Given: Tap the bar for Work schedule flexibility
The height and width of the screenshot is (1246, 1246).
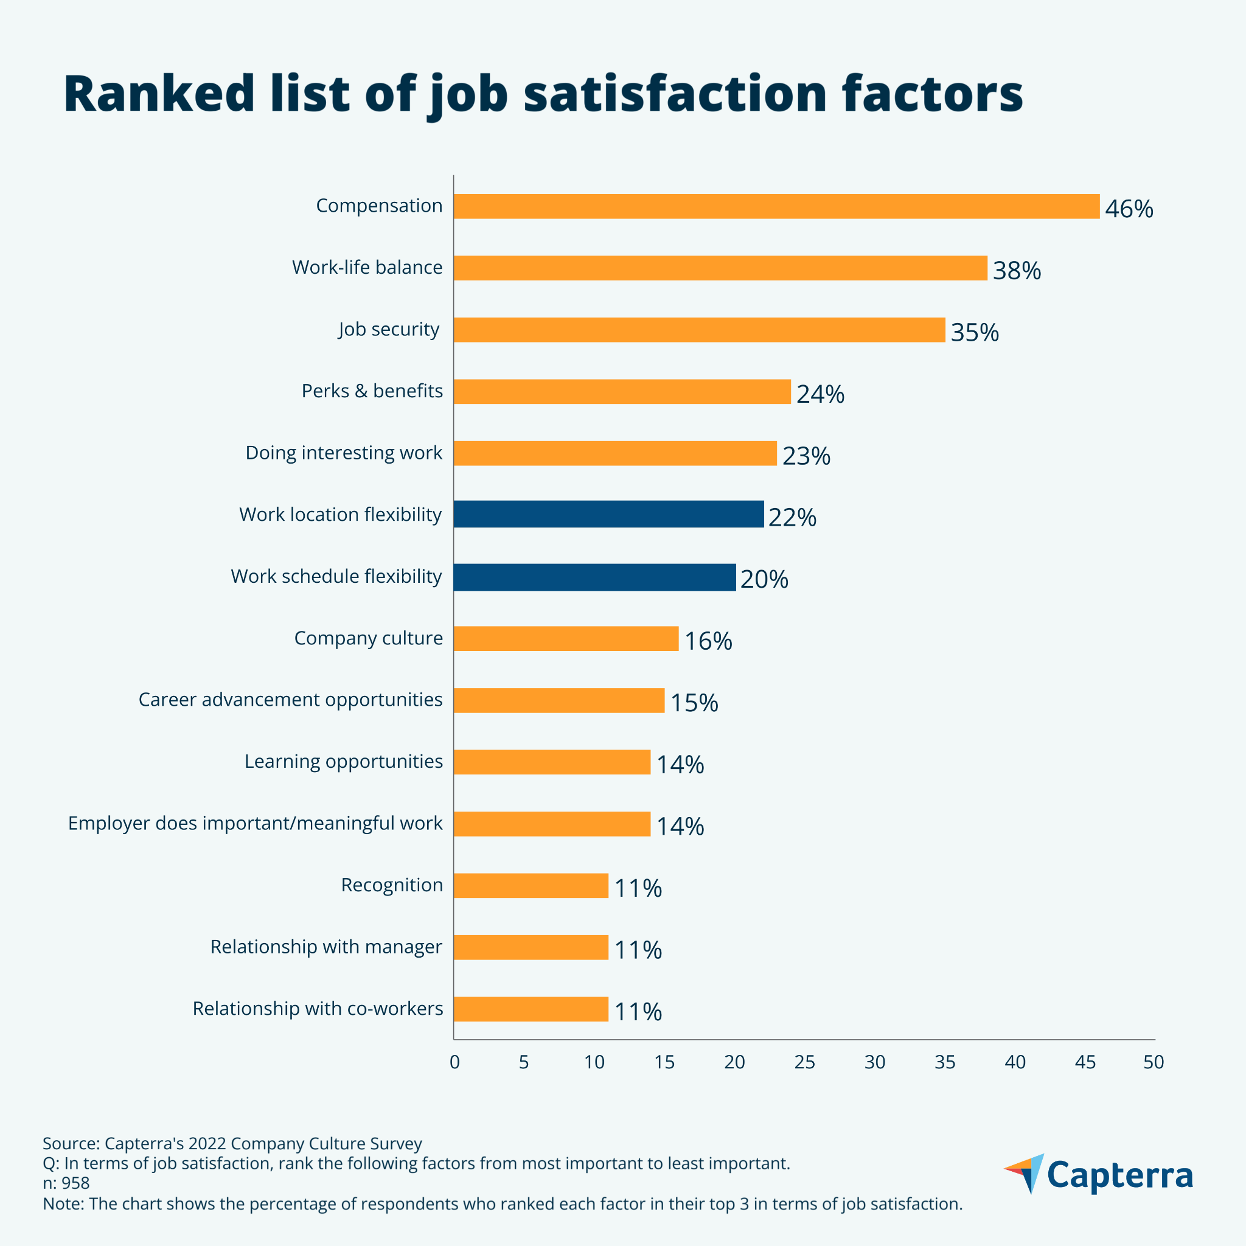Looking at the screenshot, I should tap(594, 577).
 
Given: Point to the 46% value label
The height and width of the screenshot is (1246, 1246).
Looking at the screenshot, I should tap(1129, 209).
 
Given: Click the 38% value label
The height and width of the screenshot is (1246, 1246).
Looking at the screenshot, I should tap(1017, 271).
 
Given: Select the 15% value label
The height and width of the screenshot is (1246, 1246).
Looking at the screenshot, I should tap(694, 703).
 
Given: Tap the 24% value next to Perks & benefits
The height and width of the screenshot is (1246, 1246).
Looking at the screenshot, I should tap(820, 394).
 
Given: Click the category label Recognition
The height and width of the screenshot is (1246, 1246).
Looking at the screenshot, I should tap(391, 885).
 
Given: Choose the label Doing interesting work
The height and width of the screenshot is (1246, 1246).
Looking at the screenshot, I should tap(344, 453).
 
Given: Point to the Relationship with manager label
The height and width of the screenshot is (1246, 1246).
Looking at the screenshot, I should tap(325, 947).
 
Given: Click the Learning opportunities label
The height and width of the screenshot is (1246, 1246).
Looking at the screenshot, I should tap(343, 762).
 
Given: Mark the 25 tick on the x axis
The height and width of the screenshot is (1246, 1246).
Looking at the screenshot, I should tap(804, 1062).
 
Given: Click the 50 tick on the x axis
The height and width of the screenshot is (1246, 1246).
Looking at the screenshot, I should tap(1154, 1062).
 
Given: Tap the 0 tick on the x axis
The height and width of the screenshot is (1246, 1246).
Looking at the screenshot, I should tap(454, 1062).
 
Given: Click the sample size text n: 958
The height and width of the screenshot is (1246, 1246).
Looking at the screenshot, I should tap(66, 1183).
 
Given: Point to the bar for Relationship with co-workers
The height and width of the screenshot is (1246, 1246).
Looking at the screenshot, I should tap(531, 1009).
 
